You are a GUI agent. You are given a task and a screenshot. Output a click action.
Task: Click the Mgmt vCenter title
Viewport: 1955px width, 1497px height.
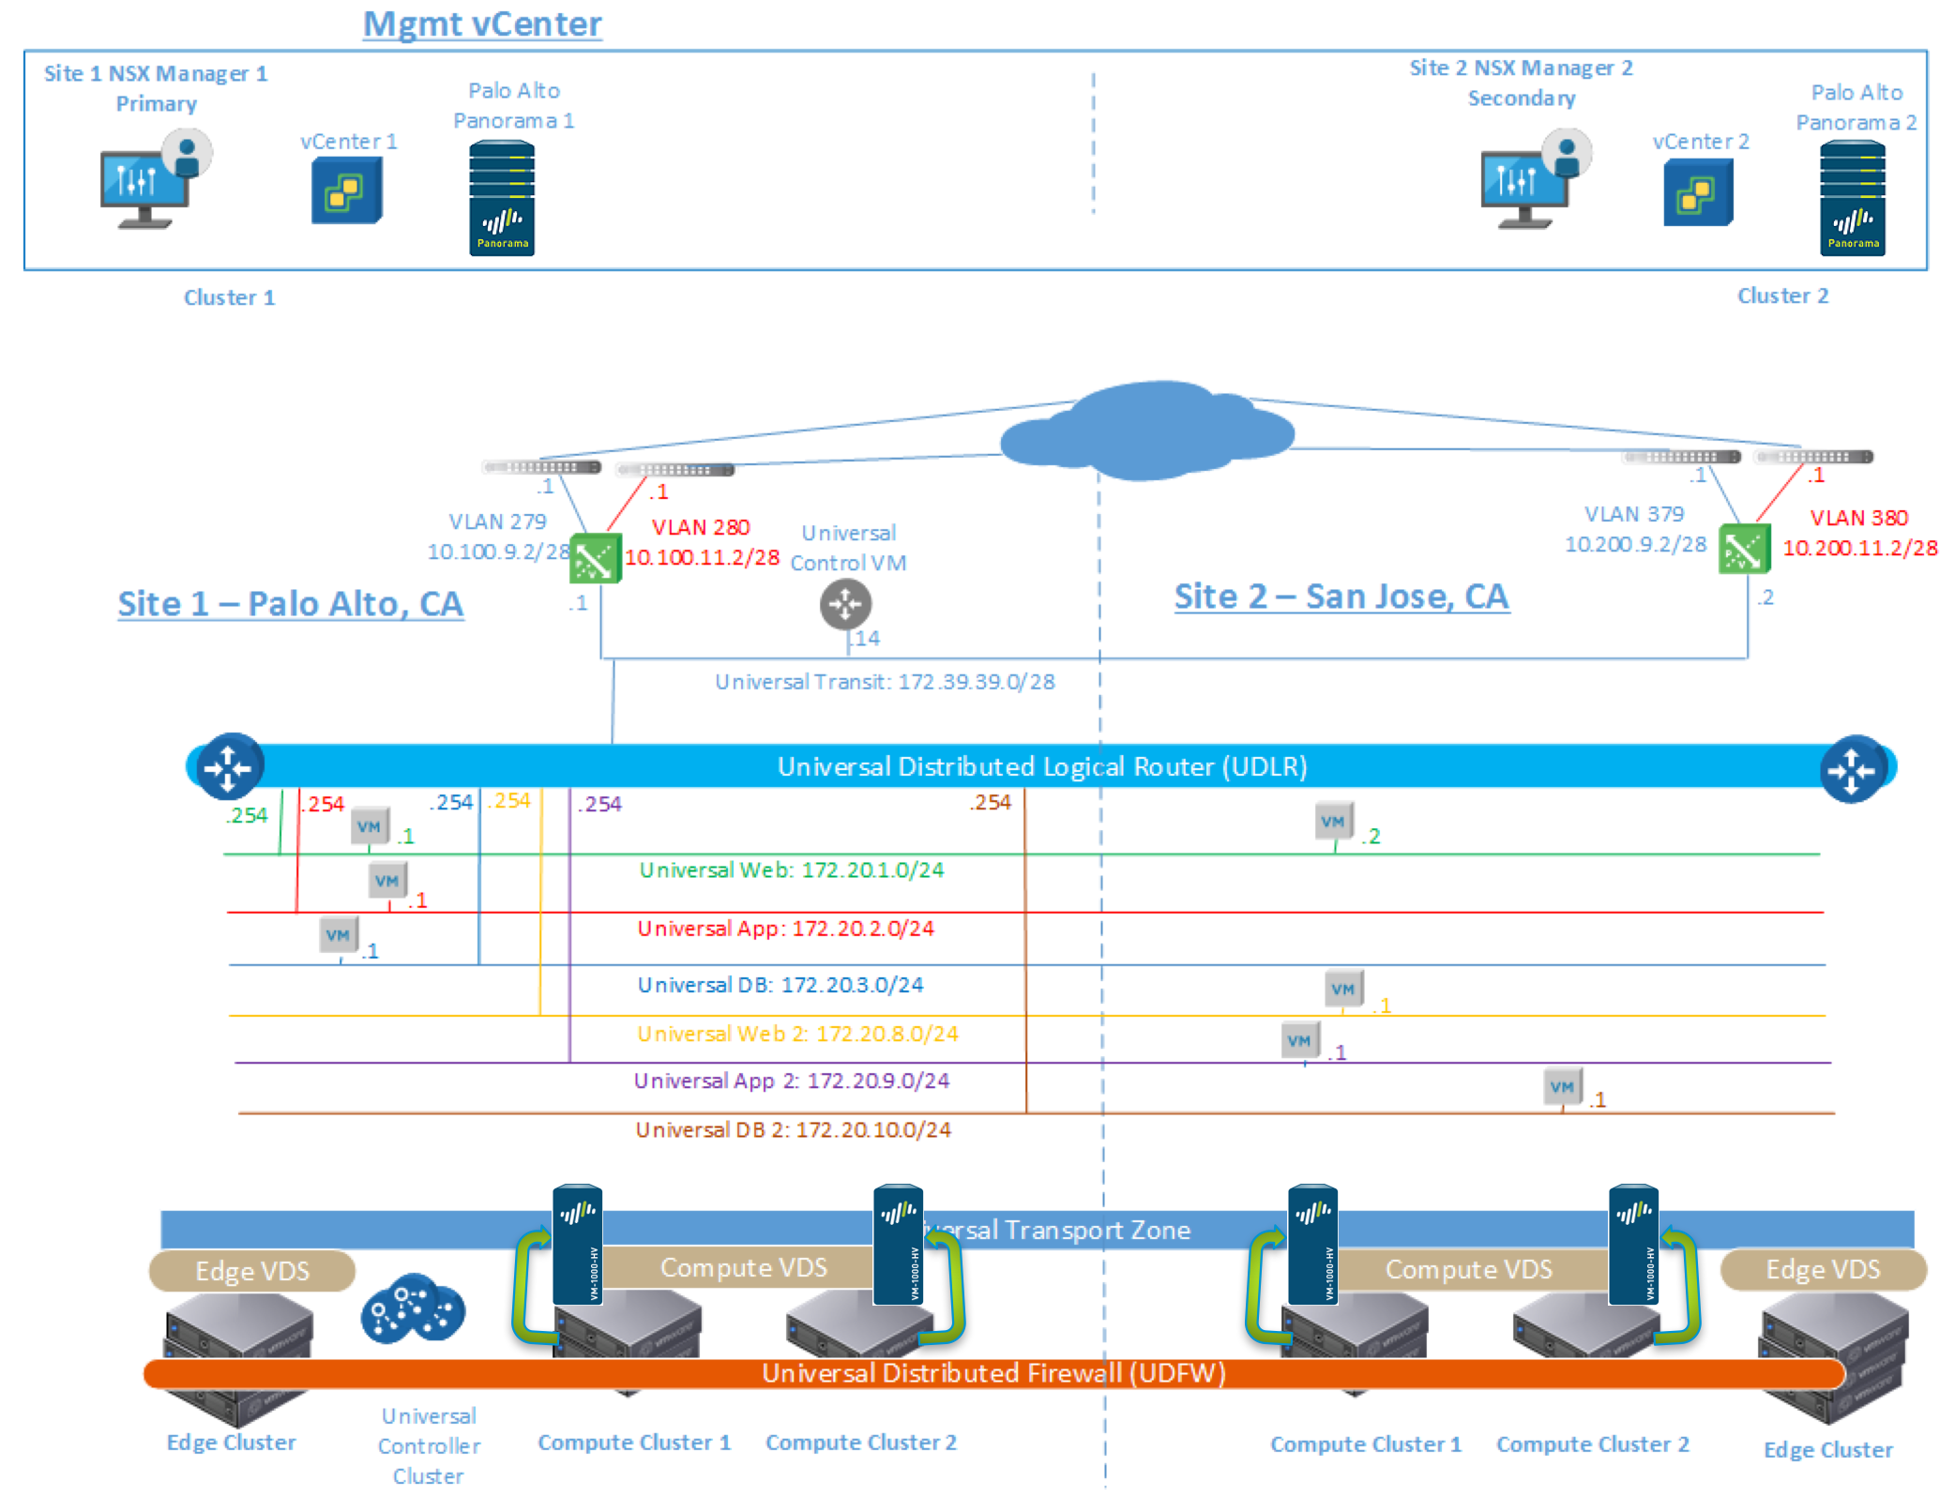(482, 23)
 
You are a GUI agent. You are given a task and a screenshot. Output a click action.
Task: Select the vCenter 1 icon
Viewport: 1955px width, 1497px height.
(346, 191)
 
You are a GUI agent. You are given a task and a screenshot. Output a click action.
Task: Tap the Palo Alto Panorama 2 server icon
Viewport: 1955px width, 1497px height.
(1852, 199)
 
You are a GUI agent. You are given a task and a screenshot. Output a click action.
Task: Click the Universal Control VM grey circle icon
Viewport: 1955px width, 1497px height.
(845, 604)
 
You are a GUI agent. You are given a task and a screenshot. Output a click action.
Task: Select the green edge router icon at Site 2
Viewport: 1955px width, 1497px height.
(1743, 550)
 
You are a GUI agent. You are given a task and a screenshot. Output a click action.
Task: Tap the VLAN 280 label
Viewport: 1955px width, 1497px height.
(700, 527)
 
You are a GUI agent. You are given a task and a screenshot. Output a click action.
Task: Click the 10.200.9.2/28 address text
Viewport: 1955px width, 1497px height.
(1634, 545)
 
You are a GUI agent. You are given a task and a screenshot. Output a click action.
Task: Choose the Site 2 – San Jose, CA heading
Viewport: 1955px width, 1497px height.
(1341, 597)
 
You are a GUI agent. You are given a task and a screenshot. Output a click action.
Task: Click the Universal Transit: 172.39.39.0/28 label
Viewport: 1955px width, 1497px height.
(884, 682)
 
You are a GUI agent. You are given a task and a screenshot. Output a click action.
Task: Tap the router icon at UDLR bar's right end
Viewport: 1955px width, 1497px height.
(1852, 769)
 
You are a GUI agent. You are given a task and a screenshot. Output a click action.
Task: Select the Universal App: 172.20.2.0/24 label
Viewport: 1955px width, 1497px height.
(785, 929)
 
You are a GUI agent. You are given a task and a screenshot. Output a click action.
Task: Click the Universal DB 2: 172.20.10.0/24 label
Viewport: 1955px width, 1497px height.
(793, 1130)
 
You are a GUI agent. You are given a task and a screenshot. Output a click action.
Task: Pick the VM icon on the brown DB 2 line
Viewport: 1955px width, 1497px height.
(1562, 1087)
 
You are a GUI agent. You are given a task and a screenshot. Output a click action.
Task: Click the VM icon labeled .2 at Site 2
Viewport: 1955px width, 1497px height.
(1333, 822)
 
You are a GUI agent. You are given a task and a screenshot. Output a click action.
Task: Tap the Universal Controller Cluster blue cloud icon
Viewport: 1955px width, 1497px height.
(413, 1309)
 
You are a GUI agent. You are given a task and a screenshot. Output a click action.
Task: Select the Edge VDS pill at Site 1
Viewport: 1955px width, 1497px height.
(251, 1271)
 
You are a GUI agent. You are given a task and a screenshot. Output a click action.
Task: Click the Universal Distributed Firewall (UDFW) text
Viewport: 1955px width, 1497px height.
(993, 1373)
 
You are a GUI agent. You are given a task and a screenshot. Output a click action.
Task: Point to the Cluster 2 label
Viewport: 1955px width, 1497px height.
(1781, 296)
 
